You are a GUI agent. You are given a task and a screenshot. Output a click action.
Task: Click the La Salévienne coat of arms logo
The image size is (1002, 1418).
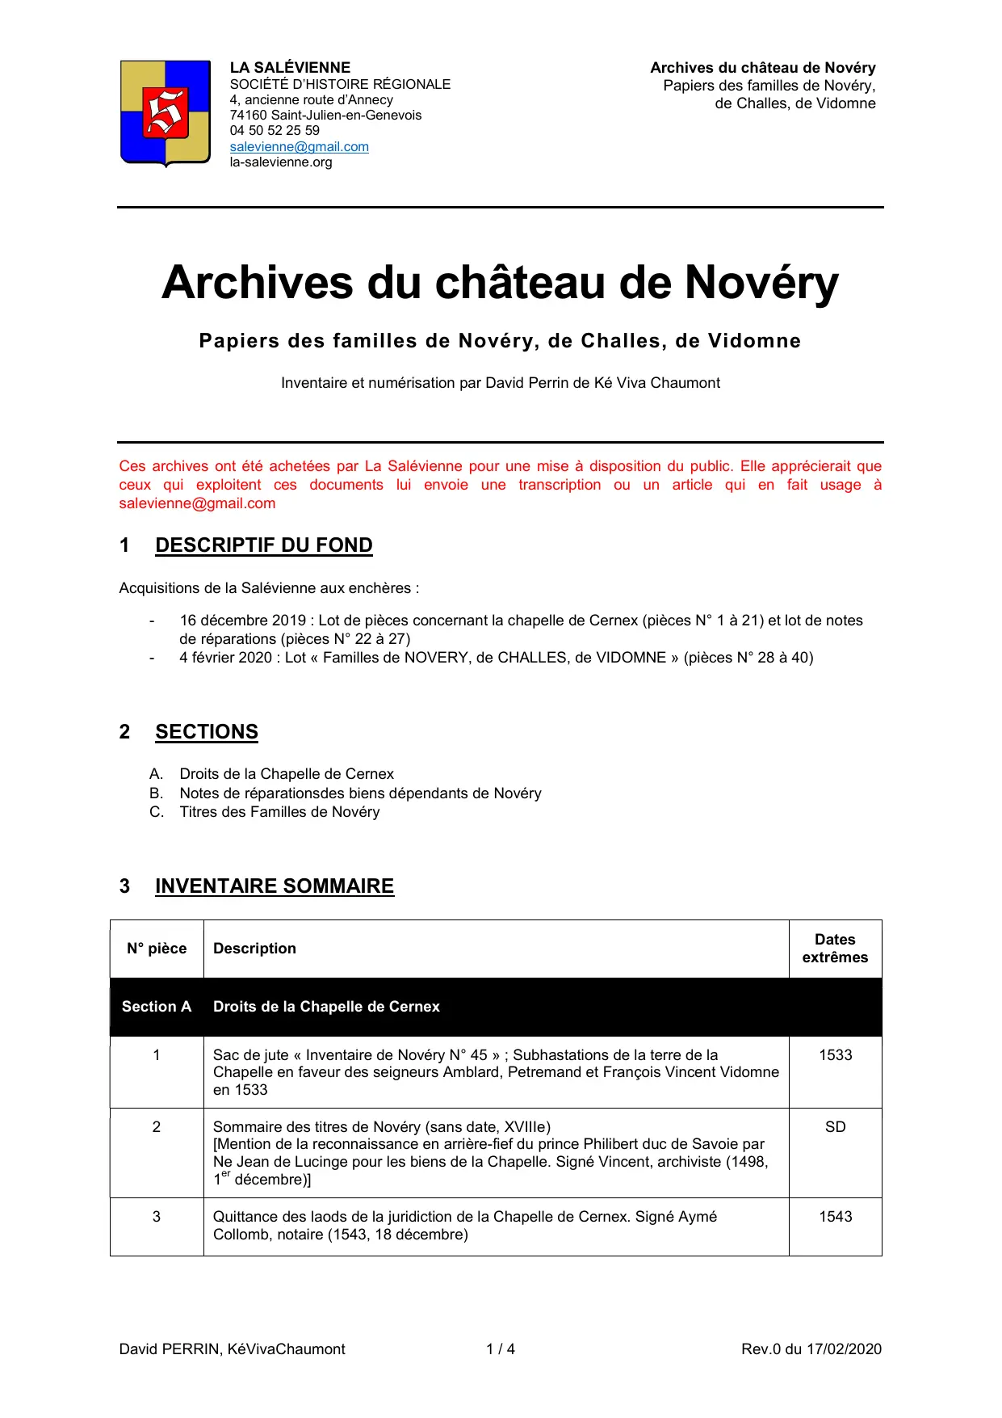[166, 113]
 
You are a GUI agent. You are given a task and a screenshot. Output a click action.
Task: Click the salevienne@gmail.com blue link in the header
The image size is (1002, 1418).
[299, 146]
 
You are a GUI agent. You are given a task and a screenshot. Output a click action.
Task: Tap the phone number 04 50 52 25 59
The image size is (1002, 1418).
[275, 130]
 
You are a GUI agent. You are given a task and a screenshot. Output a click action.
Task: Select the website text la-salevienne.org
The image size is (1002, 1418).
[281, 162]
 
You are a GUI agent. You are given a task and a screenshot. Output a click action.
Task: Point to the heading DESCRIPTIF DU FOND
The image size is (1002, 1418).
[263, 545]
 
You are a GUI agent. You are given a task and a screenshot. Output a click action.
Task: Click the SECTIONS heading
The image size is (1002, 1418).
[207, 732]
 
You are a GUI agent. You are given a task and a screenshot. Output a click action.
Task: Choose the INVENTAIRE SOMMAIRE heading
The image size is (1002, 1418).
[275, 886]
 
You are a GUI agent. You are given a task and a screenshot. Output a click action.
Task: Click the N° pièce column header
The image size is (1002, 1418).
[157, 949]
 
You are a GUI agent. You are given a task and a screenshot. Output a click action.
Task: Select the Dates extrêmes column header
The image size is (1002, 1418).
[835, 949]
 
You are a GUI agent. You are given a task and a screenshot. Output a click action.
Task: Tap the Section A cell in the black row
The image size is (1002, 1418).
[157, 1007]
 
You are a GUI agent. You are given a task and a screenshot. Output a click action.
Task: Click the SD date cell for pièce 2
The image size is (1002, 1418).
[835, 1127]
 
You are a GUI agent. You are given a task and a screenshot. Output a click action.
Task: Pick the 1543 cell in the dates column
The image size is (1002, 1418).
[835, 1217]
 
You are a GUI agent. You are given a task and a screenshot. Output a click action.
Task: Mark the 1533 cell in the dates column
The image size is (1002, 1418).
[835, 1055]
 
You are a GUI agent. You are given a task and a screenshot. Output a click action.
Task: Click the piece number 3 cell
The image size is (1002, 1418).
[157, 1217]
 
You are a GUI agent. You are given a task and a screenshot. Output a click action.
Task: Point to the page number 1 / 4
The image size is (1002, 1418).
[501, 1349]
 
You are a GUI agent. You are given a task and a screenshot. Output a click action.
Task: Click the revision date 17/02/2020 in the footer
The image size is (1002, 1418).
[844, 1349]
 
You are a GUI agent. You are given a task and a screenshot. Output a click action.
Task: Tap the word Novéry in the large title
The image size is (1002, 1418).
[761, 283]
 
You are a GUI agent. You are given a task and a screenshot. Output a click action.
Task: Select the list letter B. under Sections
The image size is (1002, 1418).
[157, 793]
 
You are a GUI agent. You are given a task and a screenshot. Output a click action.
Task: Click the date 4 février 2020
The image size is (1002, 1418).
[226, 658]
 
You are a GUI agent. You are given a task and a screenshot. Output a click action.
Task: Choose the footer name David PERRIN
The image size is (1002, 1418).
[170, 1349]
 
